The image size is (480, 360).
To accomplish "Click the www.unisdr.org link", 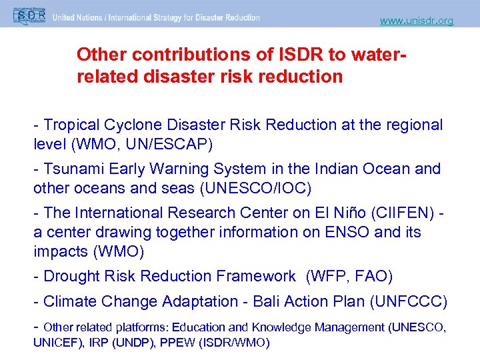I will (x=416, y=21).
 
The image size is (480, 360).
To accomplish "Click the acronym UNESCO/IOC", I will (x=255, y=188).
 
